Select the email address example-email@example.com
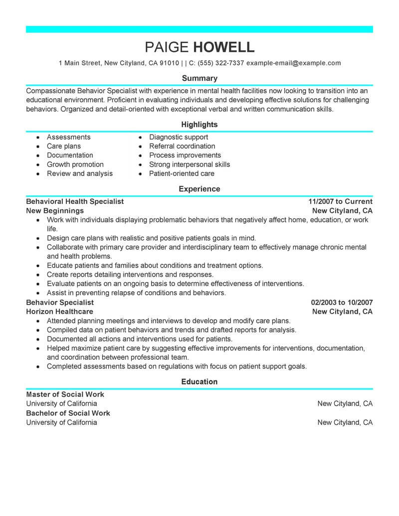294,63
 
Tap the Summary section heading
199,78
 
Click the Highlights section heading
199,124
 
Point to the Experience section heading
199,189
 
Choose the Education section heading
199,381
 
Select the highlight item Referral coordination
182,146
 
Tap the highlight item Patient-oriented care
182,173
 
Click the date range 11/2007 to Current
340,201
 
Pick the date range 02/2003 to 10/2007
342,302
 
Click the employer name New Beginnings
55,210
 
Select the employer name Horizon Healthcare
59,311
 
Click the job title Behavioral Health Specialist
75,201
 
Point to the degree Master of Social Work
65,394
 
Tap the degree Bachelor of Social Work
68,413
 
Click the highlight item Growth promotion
75,165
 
